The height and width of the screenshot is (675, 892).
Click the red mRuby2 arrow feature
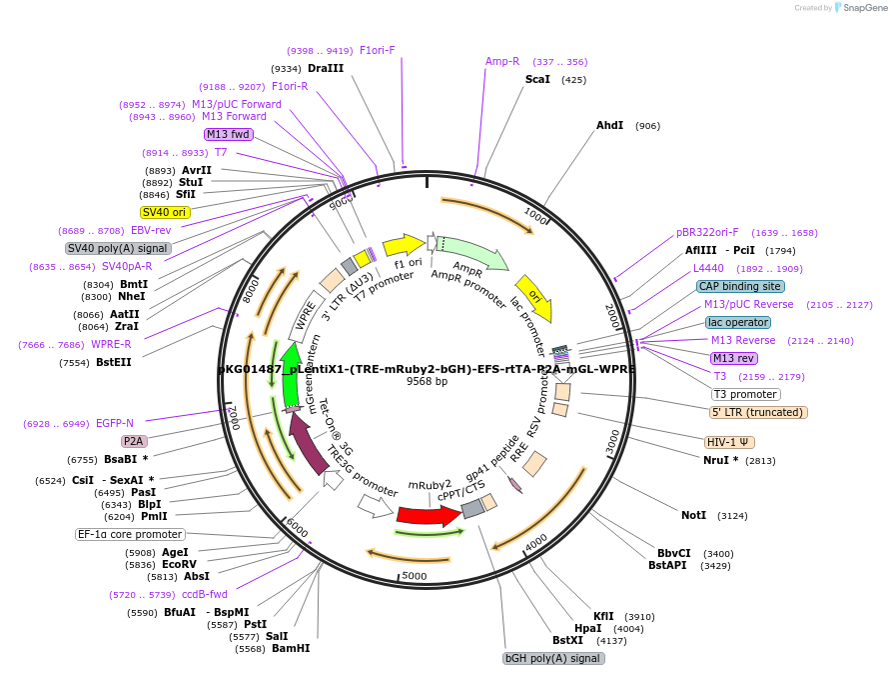pyautogui.click(x=428, y=516)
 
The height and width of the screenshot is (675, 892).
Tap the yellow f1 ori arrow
pyautogui.click(x=402, y=245)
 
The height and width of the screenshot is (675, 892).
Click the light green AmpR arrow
pyautogui.click(x=471, y=254)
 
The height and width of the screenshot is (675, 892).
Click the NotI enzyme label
pyautogui.click(x=693, y=516)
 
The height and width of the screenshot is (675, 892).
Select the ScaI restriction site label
pyautogui.click(x=537, y=79)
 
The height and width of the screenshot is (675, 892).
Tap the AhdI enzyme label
pyautogui.click(x=609, y=126)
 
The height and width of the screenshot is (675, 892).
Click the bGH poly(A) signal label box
pyautogui.click(x=553, y=658)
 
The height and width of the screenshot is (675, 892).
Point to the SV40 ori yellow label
pyautogui.click(x=165, y=212)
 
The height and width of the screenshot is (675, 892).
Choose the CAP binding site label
pyautogui.click(x=739, y=286)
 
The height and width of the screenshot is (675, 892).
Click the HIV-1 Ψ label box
pyautogui.click(x=729, y=442)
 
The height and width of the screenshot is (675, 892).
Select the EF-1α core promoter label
pyautogui.click(x=130, y=534)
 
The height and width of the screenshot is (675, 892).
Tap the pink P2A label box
pyautogui.click(x=134, y=441)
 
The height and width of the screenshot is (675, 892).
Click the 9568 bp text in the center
pyautogui.click(x=427, y=382)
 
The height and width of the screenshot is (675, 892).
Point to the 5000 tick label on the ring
pyautogui.click(x=414, y=576)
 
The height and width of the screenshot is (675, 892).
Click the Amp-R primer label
pyautogui.click(x=502, y=61)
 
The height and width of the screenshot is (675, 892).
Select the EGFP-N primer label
pyautogui.click(x=115, y=424)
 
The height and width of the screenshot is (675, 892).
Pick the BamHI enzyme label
pyautogui.click(x=291, y=649)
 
